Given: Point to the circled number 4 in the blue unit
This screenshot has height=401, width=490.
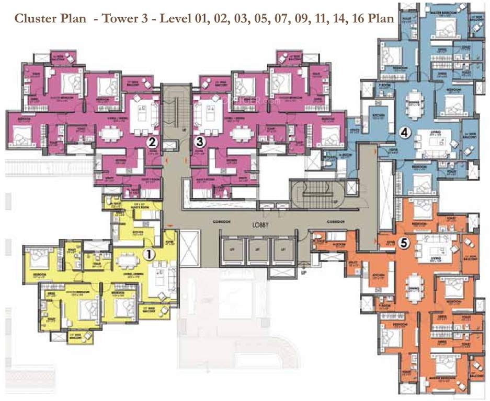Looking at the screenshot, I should click(403, 133).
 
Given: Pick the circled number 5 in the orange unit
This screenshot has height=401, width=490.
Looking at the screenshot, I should click(403, 243).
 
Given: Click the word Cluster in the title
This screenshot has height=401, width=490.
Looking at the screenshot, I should click(32, 19).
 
